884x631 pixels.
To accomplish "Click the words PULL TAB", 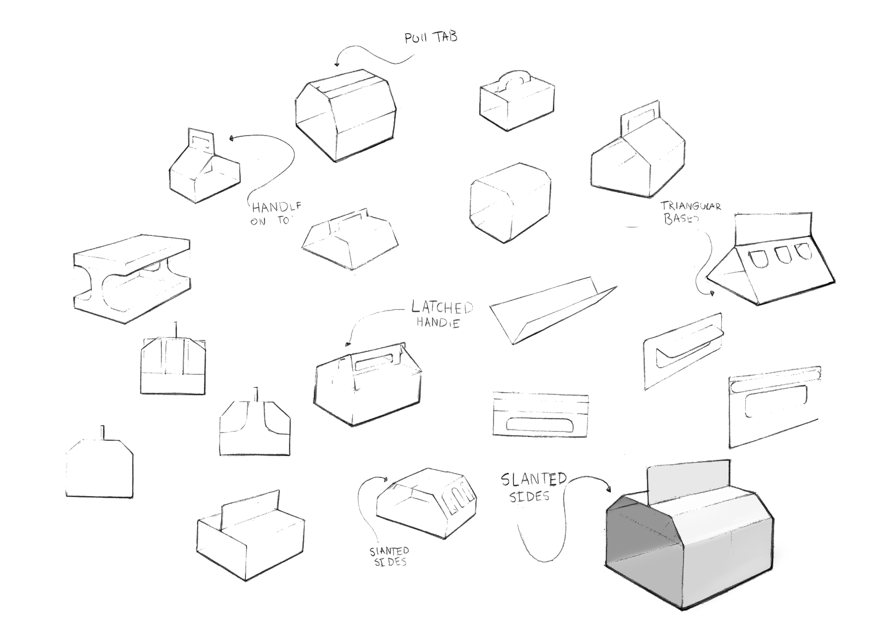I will [431, 38].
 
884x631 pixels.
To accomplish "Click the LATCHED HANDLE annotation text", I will [441, 314].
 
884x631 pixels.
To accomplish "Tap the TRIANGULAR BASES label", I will [690, 213].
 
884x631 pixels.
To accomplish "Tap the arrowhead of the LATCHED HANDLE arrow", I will [348, 344].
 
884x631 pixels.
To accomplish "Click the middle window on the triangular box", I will [781, 254].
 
